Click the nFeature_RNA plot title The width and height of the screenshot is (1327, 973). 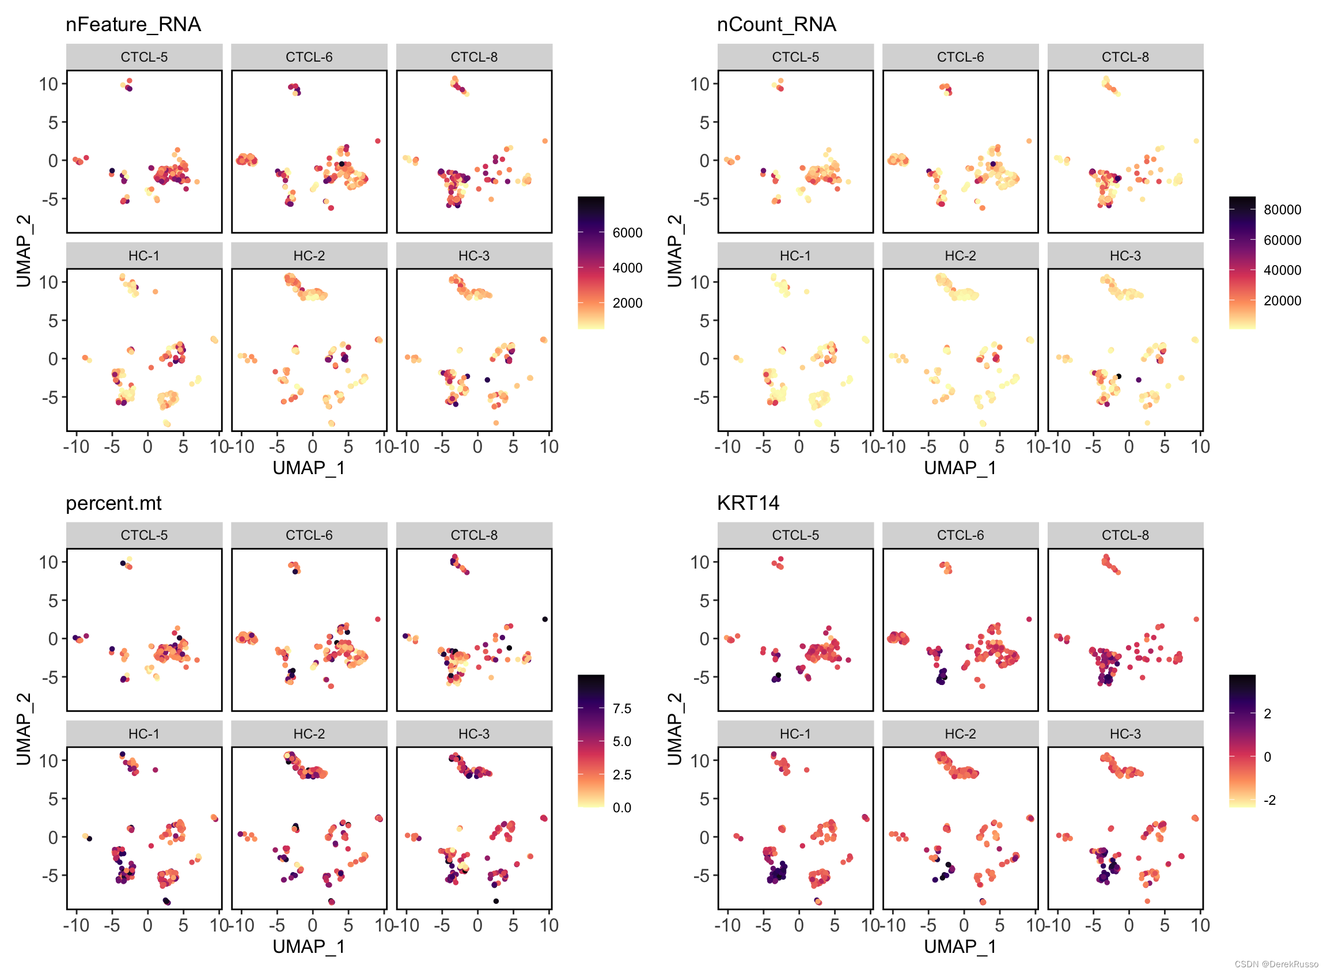(x=133, y=24)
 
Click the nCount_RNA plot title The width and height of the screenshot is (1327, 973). (x=776, y=24)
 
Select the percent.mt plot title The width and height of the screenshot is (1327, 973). (x=113, y=503)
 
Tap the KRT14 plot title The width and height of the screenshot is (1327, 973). (x=748, y=503)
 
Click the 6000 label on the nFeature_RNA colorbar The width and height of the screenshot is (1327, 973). (x=627, y=233)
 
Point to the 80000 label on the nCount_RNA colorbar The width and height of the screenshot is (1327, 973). (x=1281, y=210)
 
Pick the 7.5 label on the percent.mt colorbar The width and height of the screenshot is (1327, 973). (x=621, y=709)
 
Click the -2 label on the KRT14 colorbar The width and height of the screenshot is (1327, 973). (x=1270, y=800)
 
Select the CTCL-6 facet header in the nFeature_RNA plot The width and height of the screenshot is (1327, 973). (x=309, y=57)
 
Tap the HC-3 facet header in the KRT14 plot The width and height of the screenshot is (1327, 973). (x=1125, y=734)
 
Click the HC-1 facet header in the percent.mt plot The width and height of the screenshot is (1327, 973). (x=144, y=734)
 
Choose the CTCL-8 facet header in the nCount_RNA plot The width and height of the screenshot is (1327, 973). (x=1125, y=57)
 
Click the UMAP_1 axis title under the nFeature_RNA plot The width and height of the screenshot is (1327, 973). (x=309, y=468)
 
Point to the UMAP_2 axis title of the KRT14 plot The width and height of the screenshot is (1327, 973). (x=674, y=729)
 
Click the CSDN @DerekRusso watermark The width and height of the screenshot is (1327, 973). (x=1276, y=964)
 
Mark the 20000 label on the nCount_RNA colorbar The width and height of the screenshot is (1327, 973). (x=1281, y=301)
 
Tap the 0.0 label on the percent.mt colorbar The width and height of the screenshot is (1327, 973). (x=621, y=808)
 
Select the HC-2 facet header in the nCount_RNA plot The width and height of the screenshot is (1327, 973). (x=960, y=256)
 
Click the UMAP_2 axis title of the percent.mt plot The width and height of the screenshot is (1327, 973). (x=24, y=729)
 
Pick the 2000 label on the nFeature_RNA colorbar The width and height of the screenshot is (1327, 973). (x=627, y=304)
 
